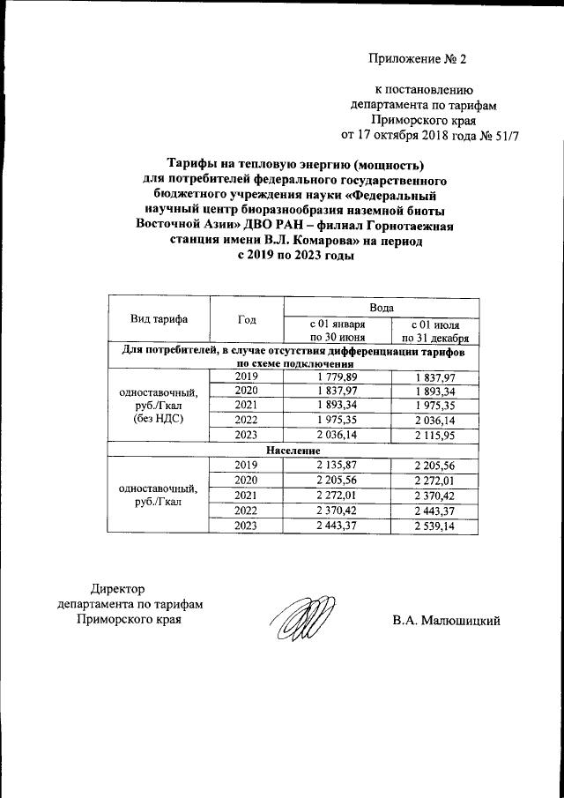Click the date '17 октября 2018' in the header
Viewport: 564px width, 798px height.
pos(406,137)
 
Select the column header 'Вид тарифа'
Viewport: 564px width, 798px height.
pos(158,319)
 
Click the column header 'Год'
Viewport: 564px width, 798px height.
pos(247,319)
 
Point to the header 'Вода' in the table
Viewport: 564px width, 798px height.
pos(381,307)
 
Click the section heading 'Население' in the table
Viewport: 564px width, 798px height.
pos(293,449)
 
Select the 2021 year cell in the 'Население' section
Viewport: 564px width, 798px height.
pos(247,495)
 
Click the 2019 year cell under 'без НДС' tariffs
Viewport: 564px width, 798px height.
pos(247,377)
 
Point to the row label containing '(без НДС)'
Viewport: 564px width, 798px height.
pos(158,420)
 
